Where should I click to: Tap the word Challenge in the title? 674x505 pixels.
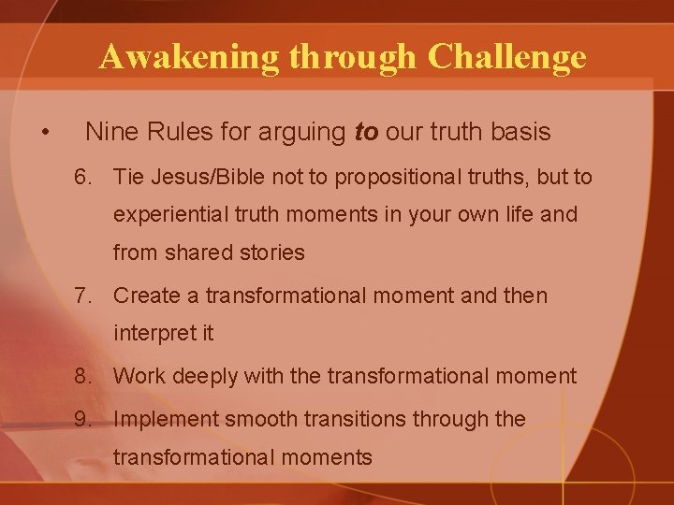507,58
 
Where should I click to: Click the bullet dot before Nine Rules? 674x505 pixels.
46,133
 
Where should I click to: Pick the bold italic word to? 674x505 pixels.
366,133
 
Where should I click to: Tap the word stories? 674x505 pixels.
273,252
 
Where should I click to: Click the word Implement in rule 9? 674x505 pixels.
158,420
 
